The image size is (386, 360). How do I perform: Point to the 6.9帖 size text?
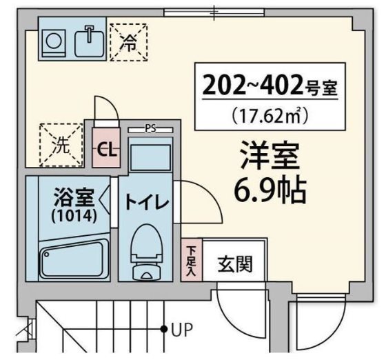click(270, 191)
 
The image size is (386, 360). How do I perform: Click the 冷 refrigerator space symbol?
click(129, 41)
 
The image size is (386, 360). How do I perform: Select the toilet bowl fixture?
click(148, 248)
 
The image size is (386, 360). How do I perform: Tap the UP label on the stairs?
click(182, 330)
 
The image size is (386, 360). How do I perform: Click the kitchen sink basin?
click(89, 41)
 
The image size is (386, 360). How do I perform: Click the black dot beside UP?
click(164, 330)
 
